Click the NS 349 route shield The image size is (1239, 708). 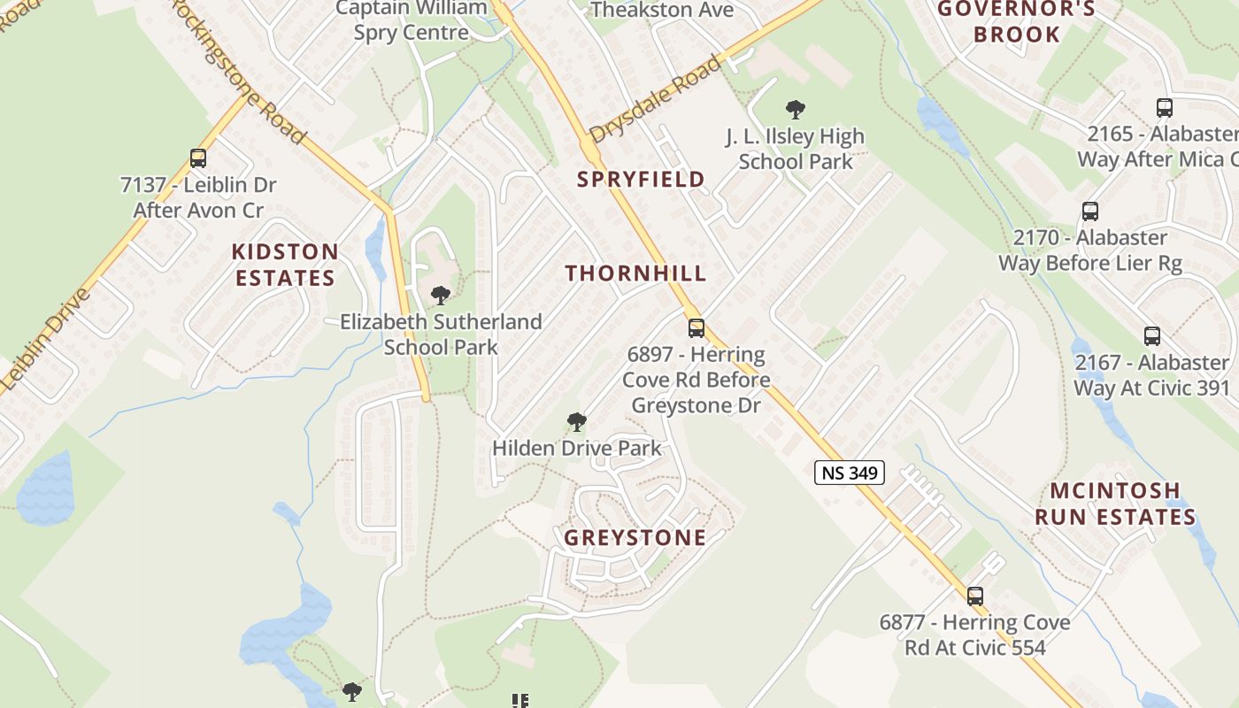(x=850, y=473)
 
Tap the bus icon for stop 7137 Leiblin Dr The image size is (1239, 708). (x=198, y=158)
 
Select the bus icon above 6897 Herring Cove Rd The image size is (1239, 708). (x=696, y=328)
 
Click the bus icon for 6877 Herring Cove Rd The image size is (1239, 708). (x=974, y=596)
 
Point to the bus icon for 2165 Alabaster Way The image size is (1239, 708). (x=1165, y=108)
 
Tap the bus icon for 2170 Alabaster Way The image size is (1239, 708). (x=1090, y=212)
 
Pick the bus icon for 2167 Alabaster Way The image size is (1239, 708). (x=1151, y=336)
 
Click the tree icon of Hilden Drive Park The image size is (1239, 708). (x=576, y=422)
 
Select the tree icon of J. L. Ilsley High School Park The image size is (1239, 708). (x=795, y=110)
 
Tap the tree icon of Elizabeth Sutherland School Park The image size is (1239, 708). (x=440, y=296)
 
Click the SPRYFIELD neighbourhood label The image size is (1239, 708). (x=641, y=180)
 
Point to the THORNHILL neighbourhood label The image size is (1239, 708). (x=635, y=273)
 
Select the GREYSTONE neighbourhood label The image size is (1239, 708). (x=635, y=538)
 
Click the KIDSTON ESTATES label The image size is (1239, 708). (x=285, y=265)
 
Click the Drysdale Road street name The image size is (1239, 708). (x=655, y=97)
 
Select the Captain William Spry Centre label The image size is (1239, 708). (x=412, y=20)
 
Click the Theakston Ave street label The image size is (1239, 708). (x=662, y=10)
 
